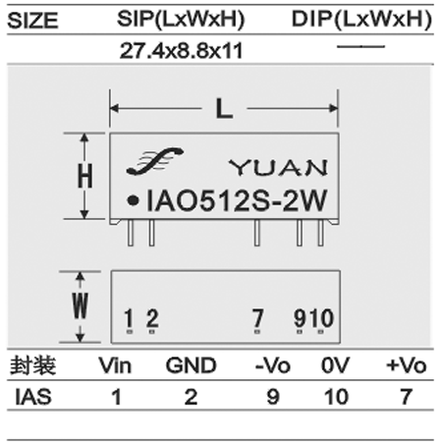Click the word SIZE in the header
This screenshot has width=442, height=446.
[32, 21]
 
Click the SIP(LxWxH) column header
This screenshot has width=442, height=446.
[181, 19]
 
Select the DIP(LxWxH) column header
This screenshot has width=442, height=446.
[361, 19]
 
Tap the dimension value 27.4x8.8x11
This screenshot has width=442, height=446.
[181, 51]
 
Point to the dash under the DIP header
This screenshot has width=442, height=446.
[360, 46]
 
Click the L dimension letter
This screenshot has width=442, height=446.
[224, 109]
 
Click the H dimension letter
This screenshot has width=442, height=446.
[84, 176]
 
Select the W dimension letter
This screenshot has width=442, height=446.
[81, 306]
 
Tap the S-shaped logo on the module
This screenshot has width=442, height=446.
[154, 161]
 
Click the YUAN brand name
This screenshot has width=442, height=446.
[278, 168]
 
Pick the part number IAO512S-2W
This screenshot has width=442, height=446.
[237, 199]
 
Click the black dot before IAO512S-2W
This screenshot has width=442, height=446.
[133, 200]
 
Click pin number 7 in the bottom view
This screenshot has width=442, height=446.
[257, 317]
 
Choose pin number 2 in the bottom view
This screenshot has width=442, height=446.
[152, 317]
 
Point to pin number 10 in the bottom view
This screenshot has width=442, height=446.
[322, 317]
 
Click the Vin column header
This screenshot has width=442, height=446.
[115, 365]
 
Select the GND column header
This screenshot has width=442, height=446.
[192, 365]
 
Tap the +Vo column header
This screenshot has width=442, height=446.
[407, 365]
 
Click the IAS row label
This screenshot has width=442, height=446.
[33, 397]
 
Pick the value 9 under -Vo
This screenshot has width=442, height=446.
[273, 397]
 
